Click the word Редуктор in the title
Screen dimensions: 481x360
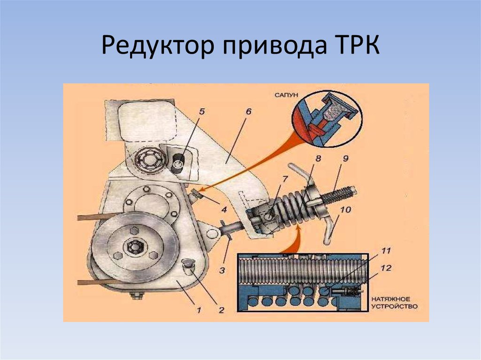pos(157,46)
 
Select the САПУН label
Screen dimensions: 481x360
pos(286,95)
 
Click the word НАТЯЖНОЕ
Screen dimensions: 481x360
pos(390,299)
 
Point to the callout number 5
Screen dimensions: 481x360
pos(201,111)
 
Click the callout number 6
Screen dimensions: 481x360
pos(248,111)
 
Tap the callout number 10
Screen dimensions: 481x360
pos(345,210)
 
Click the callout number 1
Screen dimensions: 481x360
pos(199,310)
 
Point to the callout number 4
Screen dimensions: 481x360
pos(224,210)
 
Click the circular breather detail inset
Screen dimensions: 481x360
pos(327,119)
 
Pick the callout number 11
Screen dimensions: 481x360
pos(386,251)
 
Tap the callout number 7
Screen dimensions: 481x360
pos(285,179)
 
